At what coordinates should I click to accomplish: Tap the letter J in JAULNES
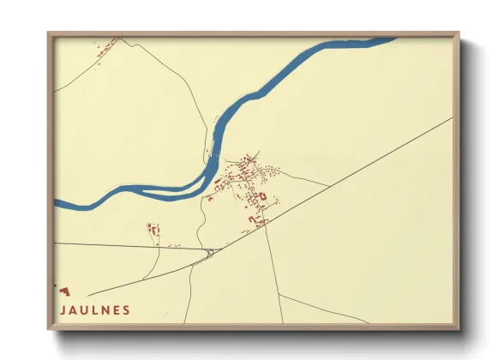[62, 310]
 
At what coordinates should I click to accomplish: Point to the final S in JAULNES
[127, 310]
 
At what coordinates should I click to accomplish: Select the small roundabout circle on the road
[210, 252]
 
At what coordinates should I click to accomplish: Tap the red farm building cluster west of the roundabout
[153, 230]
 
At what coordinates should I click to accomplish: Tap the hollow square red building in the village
[263, 196]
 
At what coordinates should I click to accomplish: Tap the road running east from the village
[304, 178]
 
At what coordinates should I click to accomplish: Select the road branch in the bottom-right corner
[326, 310]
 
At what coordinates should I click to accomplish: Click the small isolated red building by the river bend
[209, 199]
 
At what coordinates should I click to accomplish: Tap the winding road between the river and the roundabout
[200, 225]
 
